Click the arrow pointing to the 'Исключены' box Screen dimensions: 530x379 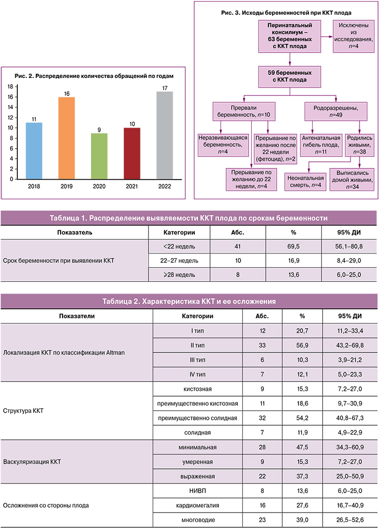click(324, 37)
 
